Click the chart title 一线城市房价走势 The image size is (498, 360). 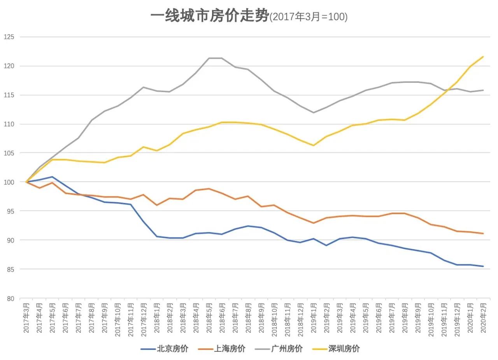[x=209, y=16]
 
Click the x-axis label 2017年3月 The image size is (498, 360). [x=26, y=318]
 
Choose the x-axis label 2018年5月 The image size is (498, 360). [x=209, y=318]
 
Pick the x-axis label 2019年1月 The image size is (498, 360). [x=314, y=318]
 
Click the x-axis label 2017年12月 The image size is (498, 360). [x=144, y=318]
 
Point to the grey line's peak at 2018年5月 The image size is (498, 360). [x=209, y=58]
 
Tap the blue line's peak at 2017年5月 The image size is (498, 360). [x=53, y=177]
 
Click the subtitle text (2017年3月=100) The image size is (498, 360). [x=309, y=17]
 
